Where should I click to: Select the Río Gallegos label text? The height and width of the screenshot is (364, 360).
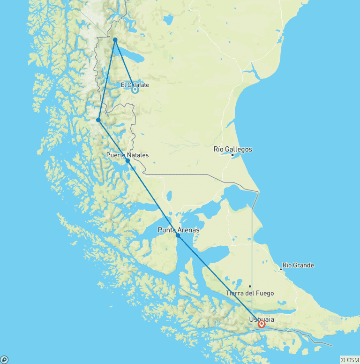click(x=232, y=149)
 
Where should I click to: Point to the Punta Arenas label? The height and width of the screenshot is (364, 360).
click(x=178, y=230)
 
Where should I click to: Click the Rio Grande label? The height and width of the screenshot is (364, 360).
click(x=298, y=265)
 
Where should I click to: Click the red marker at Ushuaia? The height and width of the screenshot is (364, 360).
click(x=262, y=324)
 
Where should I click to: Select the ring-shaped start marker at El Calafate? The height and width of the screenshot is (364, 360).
click(x=135, y=90)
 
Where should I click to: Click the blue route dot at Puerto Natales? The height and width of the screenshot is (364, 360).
click(x=127, y=160)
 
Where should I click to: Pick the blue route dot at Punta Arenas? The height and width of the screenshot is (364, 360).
click(x=178, y=235)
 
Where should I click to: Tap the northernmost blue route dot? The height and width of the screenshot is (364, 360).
click(x=115, y=39)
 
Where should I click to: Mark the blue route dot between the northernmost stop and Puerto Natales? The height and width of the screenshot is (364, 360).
click(x=98, y=120)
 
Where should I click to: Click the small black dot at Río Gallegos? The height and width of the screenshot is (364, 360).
click(x=232, y=155)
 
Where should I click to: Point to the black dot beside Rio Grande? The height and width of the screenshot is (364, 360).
click(x=281, y=269)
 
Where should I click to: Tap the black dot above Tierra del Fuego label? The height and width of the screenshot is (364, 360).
click(x=250, y=286)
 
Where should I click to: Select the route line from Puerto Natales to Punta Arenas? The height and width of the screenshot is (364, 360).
click(x=152, y=197)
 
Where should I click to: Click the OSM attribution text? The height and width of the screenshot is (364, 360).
click(x=350, y=360)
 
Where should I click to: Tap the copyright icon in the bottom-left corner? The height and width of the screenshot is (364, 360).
click(x=4, y=360)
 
